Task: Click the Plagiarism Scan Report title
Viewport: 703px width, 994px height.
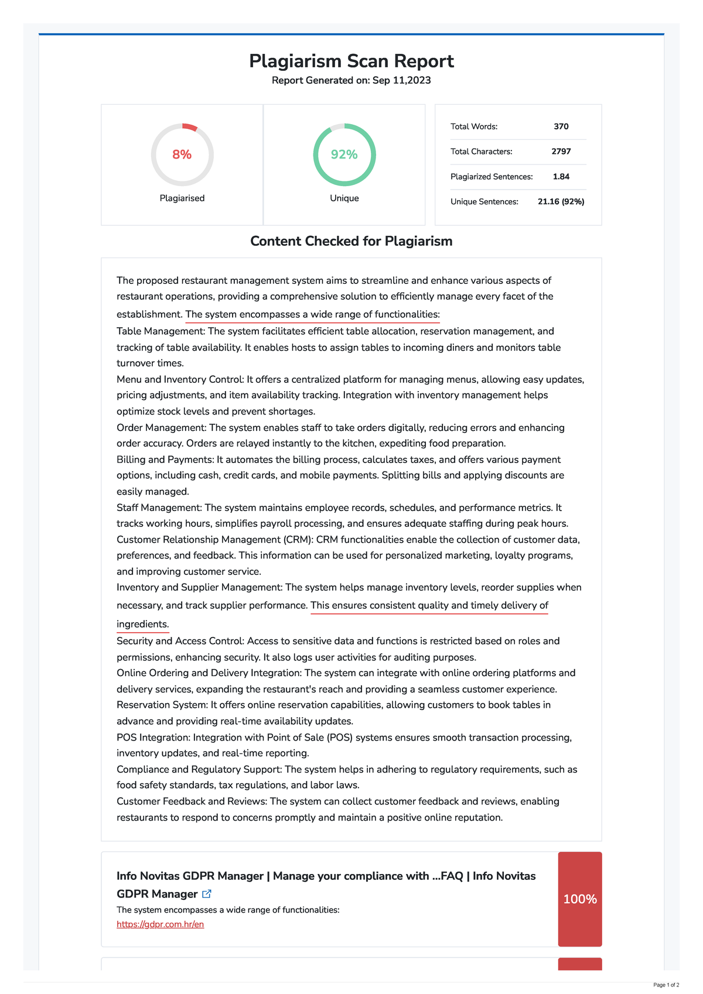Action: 351,61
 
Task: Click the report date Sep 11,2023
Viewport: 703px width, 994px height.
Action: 401,80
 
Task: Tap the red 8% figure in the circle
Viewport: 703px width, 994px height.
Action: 182,155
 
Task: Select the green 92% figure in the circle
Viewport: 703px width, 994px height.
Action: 344,155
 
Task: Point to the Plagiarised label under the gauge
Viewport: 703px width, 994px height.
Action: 182,198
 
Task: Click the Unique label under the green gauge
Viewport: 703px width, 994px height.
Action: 344,198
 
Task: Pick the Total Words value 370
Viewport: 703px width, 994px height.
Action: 561,126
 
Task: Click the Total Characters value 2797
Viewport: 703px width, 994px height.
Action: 561,152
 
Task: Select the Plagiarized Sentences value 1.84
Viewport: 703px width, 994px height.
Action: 561,177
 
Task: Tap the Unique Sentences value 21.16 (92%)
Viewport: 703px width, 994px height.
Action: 561,202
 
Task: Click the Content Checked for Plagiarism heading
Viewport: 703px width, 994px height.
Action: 351,241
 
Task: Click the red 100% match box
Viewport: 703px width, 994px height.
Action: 580,899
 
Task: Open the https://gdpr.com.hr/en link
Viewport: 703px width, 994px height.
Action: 160,924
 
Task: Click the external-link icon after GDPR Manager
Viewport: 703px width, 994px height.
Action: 207,894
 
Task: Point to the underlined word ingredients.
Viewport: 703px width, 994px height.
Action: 142,624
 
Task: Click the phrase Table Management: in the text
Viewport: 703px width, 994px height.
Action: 161,331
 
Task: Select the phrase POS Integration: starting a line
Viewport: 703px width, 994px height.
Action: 153,738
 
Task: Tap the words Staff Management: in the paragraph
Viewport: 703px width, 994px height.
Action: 159,508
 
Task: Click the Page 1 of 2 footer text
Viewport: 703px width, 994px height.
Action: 666,985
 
